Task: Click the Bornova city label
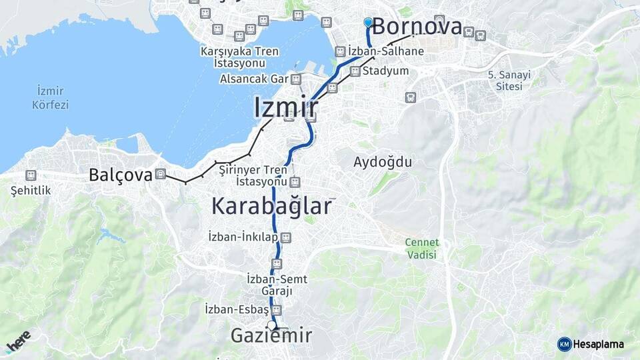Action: pos(417,27)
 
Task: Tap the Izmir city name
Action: pos(285,107)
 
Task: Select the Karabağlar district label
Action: pos(271,206)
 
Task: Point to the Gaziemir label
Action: pos(271,336)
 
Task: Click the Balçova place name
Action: pos(121,175)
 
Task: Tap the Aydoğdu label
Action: pos(383,162)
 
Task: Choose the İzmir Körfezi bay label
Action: pos(51,97)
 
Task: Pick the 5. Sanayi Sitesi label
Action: pos(510,81)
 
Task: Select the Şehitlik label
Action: pos(31,191)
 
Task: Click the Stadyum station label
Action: pos(385,71)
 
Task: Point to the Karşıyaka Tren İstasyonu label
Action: pos(240,57)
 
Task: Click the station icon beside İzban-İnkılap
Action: pos(286,237)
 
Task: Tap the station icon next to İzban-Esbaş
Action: pos(277,310)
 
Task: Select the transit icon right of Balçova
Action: pos(160,175)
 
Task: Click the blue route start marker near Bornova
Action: pos(368,22)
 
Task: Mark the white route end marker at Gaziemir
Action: pos(271,325)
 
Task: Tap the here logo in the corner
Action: pos(18,342)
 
